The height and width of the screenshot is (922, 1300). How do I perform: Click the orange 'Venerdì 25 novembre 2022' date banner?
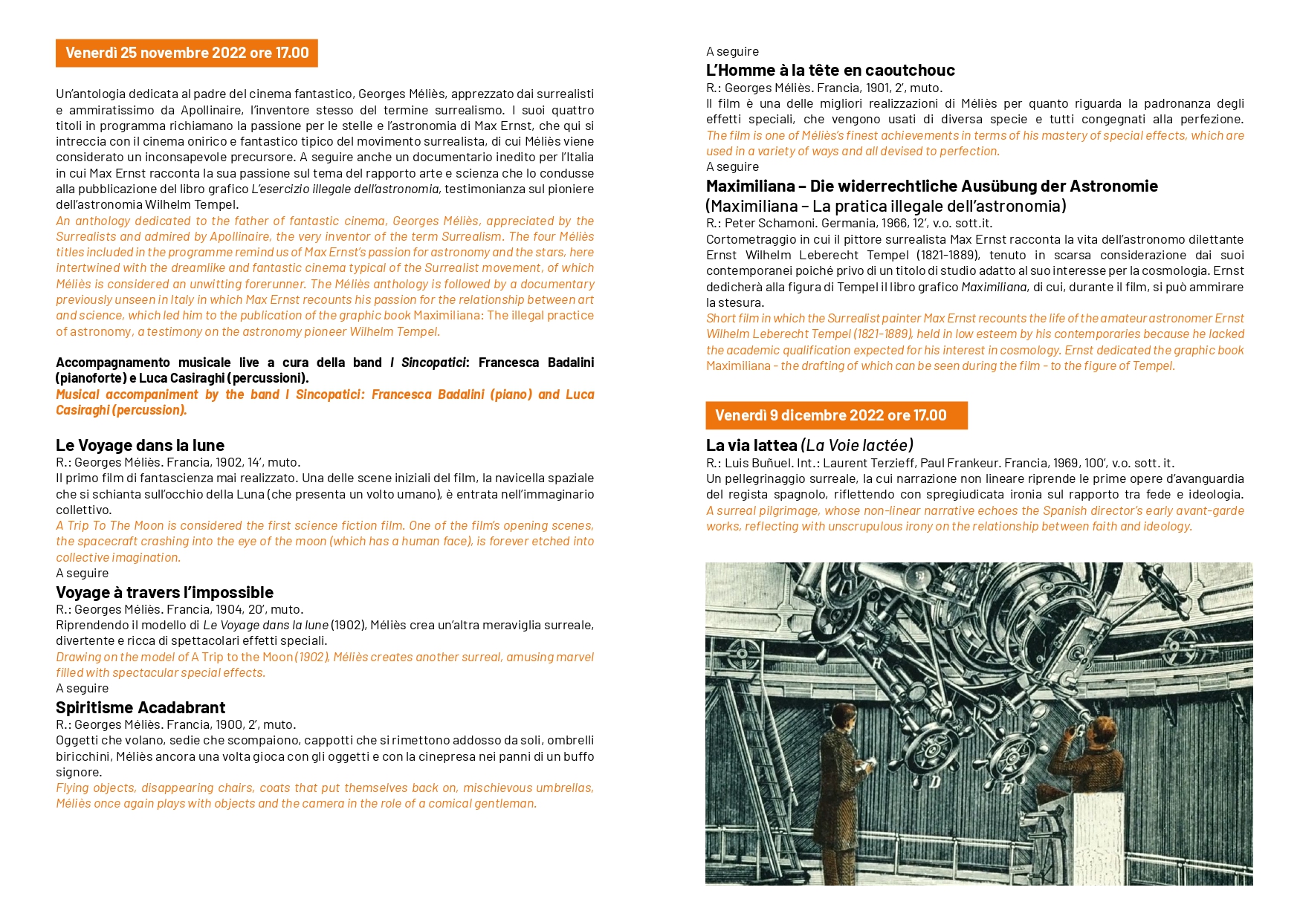pyautogui.click(x=187, y=53)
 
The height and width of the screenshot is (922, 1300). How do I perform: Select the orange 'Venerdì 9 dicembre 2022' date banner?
pyautogui.click(x=835, y=415)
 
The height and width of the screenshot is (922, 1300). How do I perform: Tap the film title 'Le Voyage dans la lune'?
pyautogui.click(x=140, y=445)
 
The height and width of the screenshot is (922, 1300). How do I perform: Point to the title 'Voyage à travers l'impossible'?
pyautogui.click(x=164, y=592)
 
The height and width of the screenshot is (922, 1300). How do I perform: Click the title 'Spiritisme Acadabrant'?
pyautogui.click(x=140, y=707)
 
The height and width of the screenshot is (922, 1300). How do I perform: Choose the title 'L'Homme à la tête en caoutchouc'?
pyautogui.click(x=830, y=70)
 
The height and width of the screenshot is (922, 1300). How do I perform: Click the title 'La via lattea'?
pyautogui.click(x=751, y=445)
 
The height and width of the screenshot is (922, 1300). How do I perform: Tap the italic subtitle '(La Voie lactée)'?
pyautogui.click(x=857, y=445)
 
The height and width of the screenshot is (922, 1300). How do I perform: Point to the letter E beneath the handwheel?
pyautogui.click(x=1006, y=788)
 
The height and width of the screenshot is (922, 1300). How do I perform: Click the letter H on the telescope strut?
pyautogui.click(x=877, y=663)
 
